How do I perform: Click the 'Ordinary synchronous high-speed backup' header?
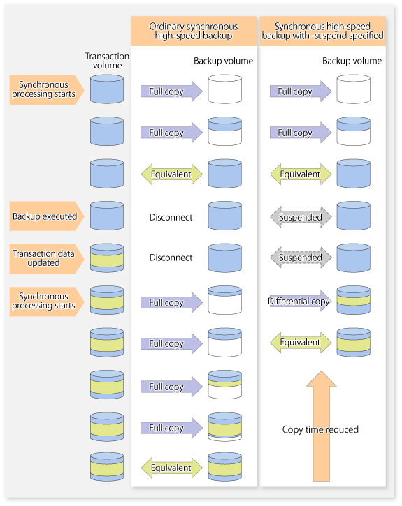[193, 31]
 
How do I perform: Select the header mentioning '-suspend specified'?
[322, 31]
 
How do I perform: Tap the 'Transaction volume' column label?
[107, 61]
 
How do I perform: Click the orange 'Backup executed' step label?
[47, 216]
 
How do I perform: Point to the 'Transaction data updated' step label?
[47, 258]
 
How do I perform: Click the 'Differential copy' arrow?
[299, 301]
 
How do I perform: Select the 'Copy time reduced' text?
[320, 429]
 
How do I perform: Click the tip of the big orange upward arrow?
[322, 371]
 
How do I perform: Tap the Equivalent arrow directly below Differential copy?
[301, 343]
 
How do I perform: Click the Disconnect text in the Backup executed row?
[171, 217]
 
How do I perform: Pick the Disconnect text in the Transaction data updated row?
[171, 258]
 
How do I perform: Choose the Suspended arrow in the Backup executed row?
[301, 217]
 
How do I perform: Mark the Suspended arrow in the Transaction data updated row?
[301, 258]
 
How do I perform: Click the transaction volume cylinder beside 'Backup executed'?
[107, 216]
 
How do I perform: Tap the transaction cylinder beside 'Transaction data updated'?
[107, 258]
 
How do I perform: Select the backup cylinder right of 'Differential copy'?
[354, 300]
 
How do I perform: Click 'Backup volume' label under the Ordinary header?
[223, 61]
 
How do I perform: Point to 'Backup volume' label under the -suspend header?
[352, 61]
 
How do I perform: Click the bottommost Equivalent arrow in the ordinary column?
[171, 468]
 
